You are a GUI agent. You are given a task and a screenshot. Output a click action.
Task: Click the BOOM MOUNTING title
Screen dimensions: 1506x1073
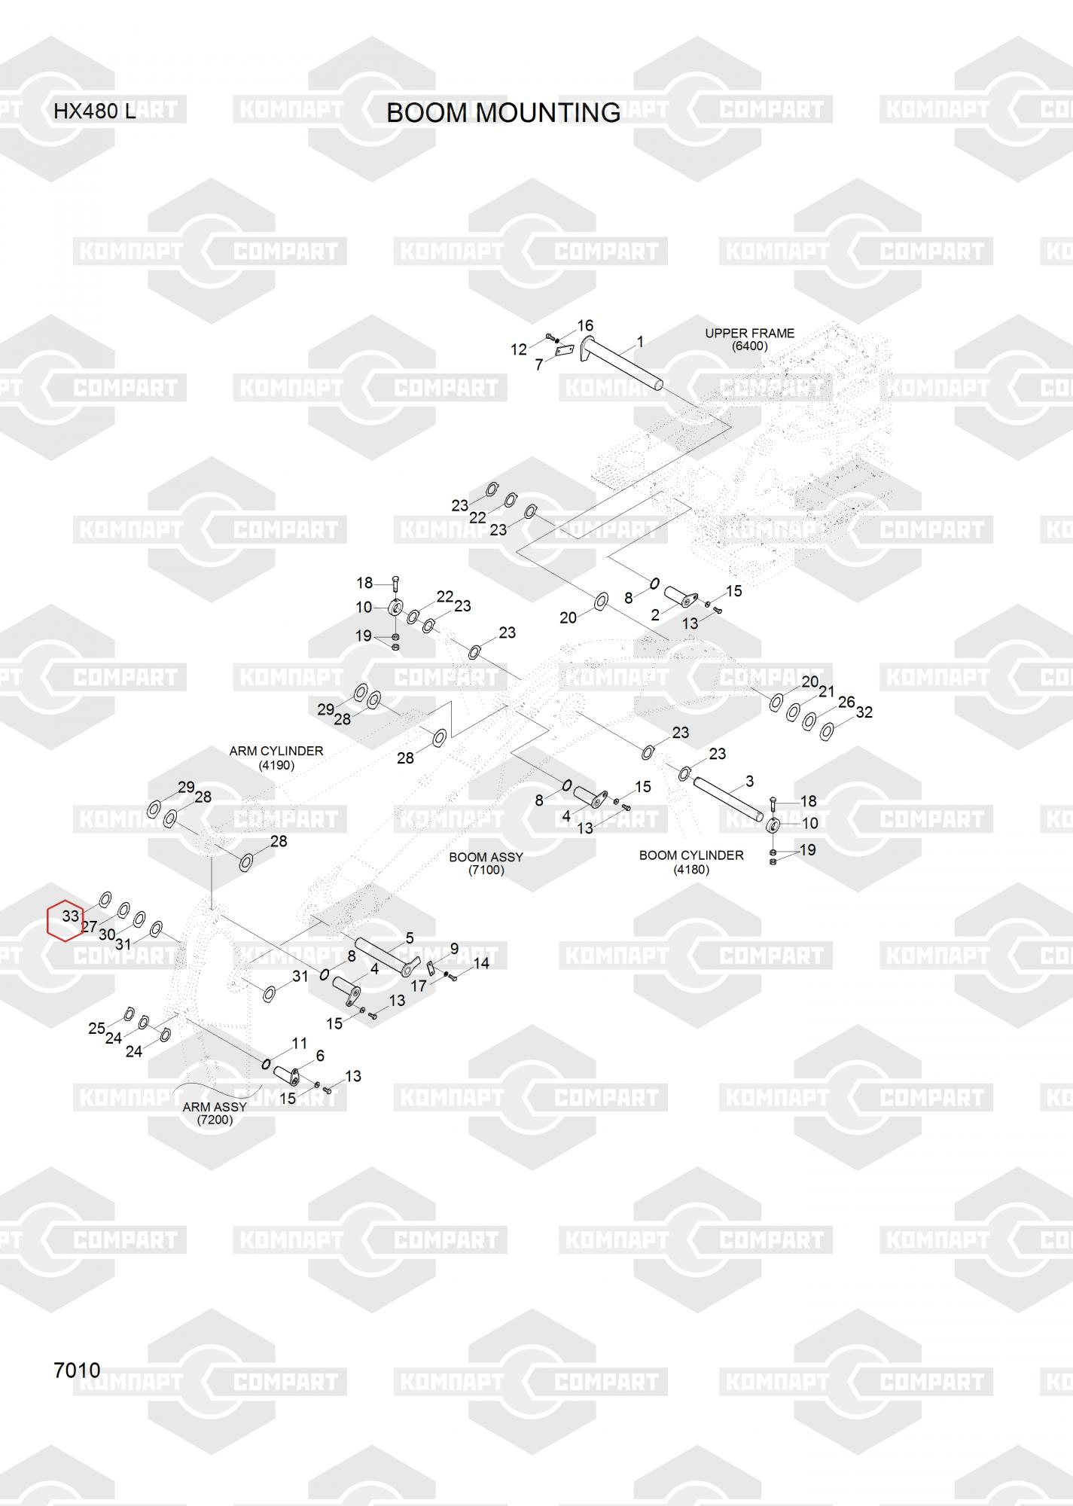coord(503,113)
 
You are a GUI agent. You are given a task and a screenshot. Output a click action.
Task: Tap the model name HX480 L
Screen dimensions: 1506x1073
coord(94,112)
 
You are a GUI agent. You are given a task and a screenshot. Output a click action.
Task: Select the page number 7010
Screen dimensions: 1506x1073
coord(77,1370)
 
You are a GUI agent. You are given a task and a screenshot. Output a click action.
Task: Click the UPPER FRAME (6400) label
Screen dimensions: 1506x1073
coord(749,340)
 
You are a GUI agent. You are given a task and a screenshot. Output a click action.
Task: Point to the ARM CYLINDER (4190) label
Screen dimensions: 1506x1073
coord(276,758)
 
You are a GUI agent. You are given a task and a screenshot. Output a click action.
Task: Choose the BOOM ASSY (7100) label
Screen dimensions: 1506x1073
coord(486,864)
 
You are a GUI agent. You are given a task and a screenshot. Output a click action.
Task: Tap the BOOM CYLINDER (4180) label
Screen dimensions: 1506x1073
coord(691,862)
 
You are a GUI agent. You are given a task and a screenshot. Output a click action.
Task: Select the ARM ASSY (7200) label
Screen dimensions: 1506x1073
coord(215,1113)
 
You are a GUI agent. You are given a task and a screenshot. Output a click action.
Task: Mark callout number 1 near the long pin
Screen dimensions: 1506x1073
coord(640,343)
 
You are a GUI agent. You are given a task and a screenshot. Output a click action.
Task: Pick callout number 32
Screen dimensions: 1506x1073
coord(864,712)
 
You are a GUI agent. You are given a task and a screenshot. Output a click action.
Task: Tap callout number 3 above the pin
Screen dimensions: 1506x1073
coord(749,781)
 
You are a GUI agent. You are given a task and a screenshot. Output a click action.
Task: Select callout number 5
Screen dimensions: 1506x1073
coord(410,937)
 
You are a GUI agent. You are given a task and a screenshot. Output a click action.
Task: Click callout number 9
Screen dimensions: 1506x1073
coord(454,949)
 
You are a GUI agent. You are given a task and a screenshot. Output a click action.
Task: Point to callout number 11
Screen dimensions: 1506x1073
coord(300,1044)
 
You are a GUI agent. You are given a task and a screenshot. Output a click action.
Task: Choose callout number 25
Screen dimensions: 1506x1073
coord(96,1028)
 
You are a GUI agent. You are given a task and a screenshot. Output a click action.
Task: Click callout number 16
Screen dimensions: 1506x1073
coord(585,325)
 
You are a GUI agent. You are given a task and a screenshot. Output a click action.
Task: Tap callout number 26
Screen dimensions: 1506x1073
coord(846,702)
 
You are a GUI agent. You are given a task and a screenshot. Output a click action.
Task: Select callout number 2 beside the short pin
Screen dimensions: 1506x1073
coord(655,614)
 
